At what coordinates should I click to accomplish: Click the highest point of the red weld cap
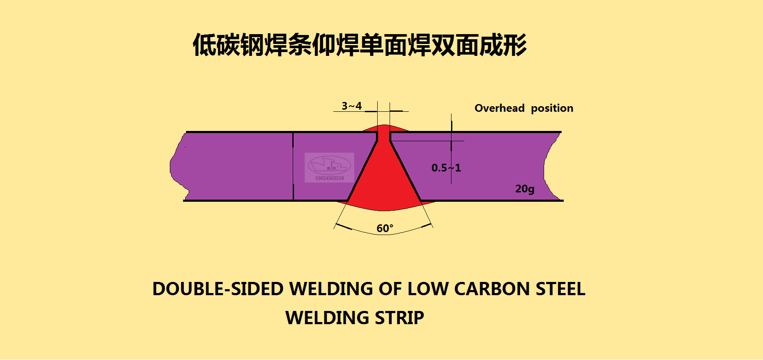pos(384,125)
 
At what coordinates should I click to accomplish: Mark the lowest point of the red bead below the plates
pos(384,211)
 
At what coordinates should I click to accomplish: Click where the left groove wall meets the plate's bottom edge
pos(348,200)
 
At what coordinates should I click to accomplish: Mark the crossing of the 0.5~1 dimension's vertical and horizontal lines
pos(451,141)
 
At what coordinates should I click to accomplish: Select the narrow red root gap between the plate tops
pos(384,136)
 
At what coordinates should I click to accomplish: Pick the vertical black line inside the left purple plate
pos(293,166)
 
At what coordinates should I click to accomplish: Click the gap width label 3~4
pos(352,106)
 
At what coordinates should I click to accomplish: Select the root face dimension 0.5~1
pos(446,168)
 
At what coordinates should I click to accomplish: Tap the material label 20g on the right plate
pos(524,189)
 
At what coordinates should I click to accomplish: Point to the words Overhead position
pos(524,108)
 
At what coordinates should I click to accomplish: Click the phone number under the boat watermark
pos(329,178)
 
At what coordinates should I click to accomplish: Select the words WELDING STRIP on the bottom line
pos(355,318)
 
